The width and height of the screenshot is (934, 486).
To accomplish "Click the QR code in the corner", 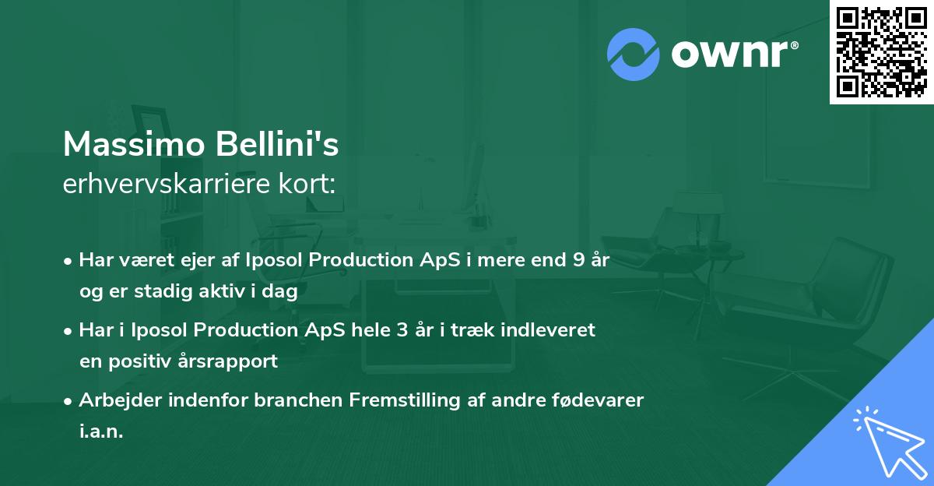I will click(x=881, y=52).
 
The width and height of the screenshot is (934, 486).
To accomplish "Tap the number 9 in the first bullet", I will click(x=578, y=260).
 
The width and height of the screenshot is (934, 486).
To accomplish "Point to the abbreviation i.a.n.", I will click(x=101, y=431).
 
